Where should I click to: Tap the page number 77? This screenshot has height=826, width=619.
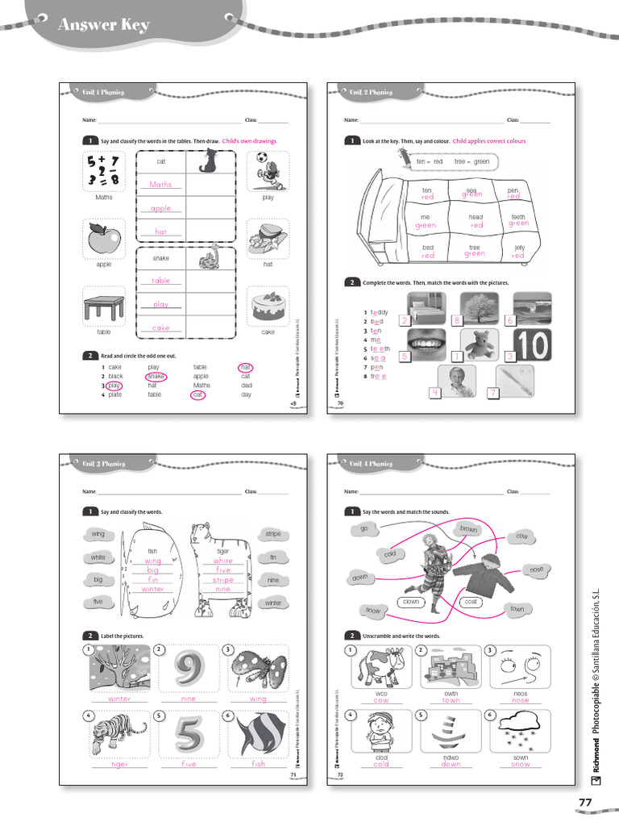click(585, 801)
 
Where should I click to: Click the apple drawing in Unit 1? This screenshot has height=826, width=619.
click(104, 238)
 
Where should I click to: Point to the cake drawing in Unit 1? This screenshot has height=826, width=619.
click(268, 307)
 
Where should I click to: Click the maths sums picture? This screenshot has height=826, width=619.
click(104, 170)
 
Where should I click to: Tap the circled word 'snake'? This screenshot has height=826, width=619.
click(156, 376)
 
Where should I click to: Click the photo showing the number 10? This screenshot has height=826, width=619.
click(530, 344)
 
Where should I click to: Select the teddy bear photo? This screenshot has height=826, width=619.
click(484, 345)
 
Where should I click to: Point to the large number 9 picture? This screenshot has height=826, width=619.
click(188, 670)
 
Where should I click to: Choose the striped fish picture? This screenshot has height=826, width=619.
click(257, 736)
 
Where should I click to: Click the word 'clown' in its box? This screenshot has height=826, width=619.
click(412, 602)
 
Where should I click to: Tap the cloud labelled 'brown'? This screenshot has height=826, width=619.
click(468, 529)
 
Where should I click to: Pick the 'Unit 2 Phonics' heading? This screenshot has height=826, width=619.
click(371, 93)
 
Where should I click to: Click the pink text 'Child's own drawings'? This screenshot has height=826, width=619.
click(249, 141)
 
